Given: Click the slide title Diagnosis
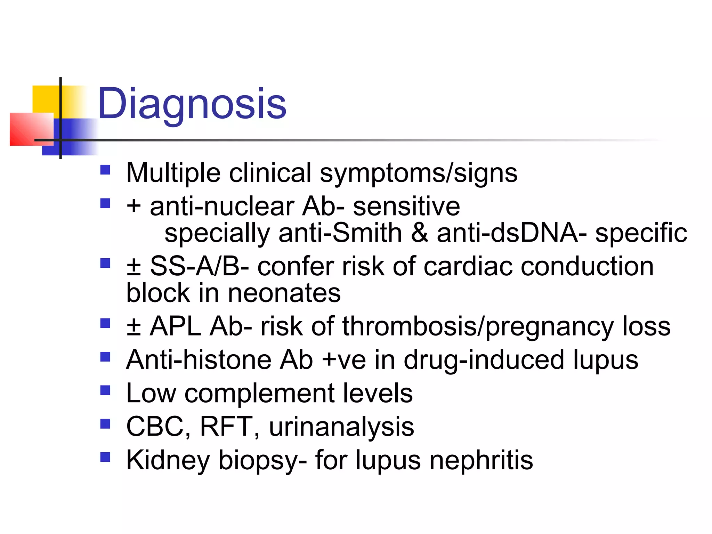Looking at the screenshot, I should click(x=192, y=104).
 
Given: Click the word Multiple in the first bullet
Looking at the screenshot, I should click(x=173, y=173).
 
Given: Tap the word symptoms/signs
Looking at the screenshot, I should click(x=419, y=173).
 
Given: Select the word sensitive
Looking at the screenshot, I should click(x=406, y=206).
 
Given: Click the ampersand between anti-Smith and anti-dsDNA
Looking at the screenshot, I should click(x=419, y=233).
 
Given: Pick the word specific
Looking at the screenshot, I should click(x=641, y=233).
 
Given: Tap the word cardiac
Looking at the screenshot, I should click(x=468, y=266).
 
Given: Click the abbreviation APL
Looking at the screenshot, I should click(x=176, y=326).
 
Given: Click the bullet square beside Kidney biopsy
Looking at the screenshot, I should click(x=105, y=457).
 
